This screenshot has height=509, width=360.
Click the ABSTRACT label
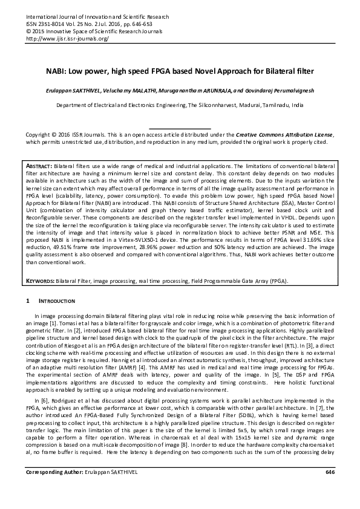click(39, 166)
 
